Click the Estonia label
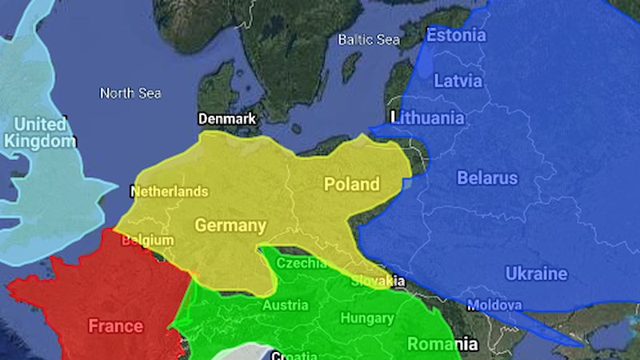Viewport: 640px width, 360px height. (455, 35)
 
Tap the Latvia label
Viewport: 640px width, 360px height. (458, 81)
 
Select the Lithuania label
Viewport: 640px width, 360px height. (428, 118)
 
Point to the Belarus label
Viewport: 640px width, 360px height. (487, 178)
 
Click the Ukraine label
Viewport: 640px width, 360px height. (536, 274)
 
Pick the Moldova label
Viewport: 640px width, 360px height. (494, 306)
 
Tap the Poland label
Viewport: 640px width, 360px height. (351, 185)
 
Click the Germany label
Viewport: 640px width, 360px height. (230, 225)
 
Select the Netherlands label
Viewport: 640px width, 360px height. (169, 192)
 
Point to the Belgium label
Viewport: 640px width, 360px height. (147, 240)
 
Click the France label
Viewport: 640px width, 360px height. (115, 326)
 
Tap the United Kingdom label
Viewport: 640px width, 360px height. (40, 133)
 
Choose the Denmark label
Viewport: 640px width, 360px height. (227, 119)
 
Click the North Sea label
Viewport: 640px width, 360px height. (130, 94)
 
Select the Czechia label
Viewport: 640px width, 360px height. (301, 263)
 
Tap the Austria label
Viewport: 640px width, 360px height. (286, 306)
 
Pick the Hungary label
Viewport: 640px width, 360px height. (367, 318)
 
